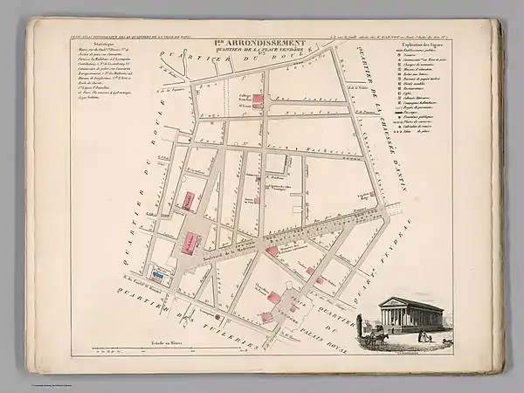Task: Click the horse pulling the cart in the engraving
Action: (x=383, y=335)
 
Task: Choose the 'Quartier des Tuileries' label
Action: (x=175, y=313)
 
